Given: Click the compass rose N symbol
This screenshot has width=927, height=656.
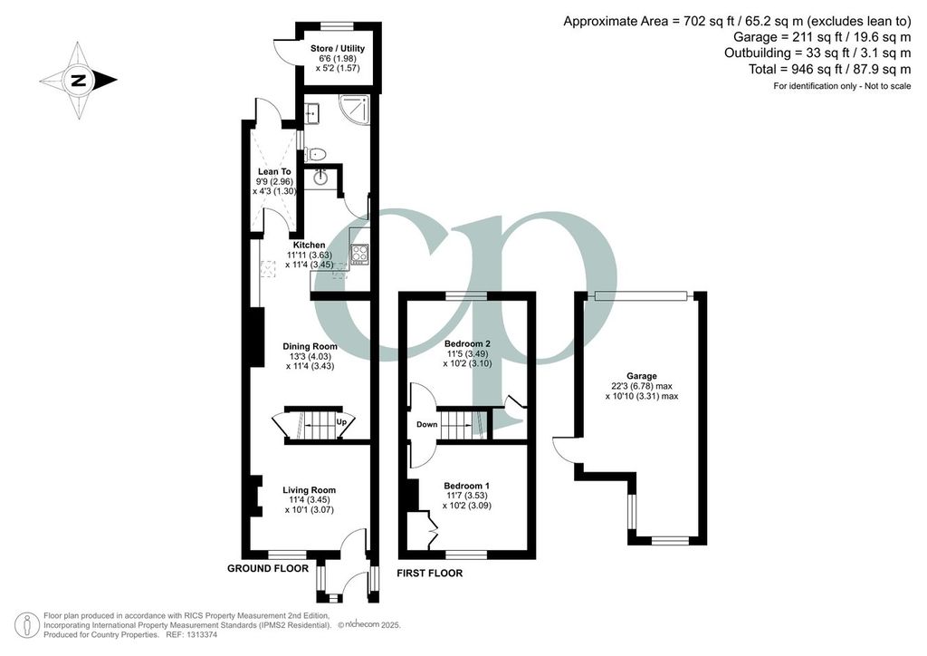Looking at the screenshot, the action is pyautogui.click(x=78, y=81).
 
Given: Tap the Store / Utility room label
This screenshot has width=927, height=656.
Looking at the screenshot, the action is pyautogui.click(x=338, y=49).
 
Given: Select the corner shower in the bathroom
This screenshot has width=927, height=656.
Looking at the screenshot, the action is pyautogui.click(x=354, y=111).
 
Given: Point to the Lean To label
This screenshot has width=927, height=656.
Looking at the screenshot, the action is pyautogui.click(x=274, y=171).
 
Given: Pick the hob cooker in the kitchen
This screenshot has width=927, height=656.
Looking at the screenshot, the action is pyautogui.click(x=359, y=255).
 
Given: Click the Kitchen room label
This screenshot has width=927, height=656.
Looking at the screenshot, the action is pyautogui.click(x=310, y=245).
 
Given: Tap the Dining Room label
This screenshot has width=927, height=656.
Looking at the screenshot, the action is pyautogui.click(x=310, y=347).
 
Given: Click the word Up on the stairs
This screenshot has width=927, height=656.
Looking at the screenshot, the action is pyautogui.click(x=341, y=421).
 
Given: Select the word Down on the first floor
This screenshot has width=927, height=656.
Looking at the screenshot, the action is pyautogui.click(x=427, y=424).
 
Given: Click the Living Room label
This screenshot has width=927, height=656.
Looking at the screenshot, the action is pyautogui.click(x=310, y=490).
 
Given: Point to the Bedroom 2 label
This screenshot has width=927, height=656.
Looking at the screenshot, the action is pyautogui.click(x=467, y=343).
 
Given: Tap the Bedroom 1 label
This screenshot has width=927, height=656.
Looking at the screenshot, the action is pyautogui.click(x=466, y=486).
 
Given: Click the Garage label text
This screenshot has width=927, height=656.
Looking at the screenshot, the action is pyautogui.click(x=642, y=376).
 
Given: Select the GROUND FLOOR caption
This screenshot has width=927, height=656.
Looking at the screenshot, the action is pyautogui.click(x=268, y=568).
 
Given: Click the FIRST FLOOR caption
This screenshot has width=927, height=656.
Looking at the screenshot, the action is pyautogui.click(x=430, y=573).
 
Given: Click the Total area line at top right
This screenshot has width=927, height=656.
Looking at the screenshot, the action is pyautogui.click(x=830, y=69).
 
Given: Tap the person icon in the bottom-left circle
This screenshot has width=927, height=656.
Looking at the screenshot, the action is pyautogui.click(x=26, y=626).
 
